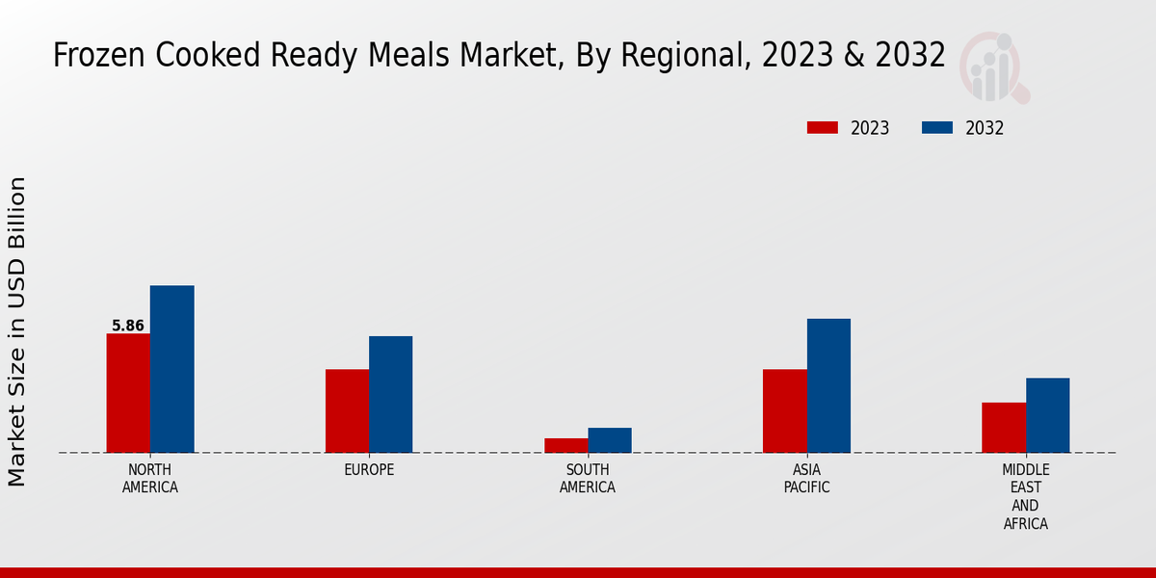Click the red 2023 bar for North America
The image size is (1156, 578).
(128, 393)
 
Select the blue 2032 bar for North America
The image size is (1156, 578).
(171, 369)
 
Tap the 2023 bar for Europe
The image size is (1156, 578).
(347, 411)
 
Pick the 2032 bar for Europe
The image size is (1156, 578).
(390, 394)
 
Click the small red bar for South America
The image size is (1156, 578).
(565, 445)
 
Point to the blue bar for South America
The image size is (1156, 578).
(610, 440)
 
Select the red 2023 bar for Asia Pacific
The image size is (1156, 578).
(784, 411)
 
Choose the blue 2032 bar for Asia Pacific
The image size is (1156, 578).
(828, 385)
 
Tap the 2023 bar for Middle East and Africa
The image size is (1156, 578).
(1004, 428)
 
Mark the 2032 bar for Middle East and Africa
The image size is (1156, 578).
(1047, 415)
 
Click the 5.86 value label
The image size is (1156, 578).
(128, 326)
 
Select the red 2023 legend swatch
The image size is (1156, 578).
(822, 128)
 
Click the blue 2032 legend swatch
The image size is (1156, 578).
(937, 128)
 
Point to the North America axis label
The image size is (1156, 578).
(150, 479)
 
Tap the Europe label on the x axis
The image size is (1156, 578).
(369, 470)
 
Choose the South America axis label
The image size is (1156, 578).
(588, 479)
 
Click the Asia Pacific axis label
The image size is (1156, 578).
(806, 479)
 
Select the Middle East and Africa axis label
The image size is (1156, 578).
(1025, 497)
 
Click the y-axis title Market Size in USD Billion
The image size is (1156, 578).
(17, 331)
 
